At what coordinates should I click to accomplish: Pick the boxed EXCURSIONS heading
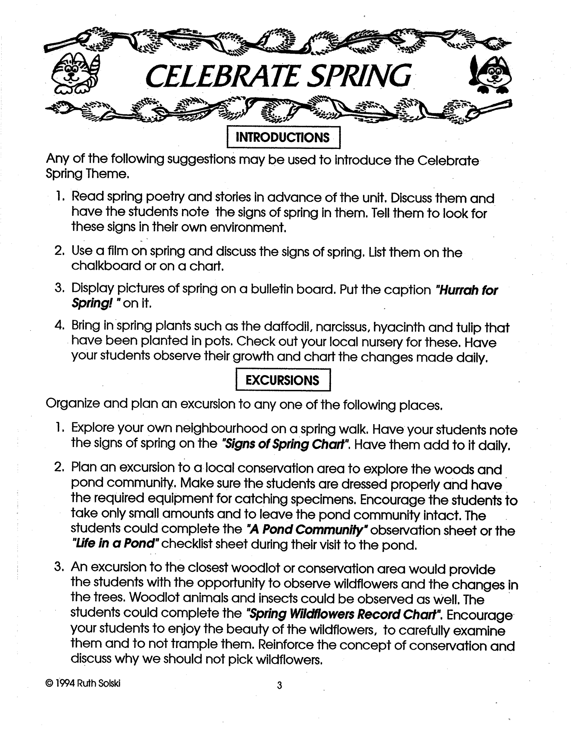[x=282, y=380]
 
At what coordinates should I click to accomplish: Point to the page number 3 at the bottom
[x=279, y=685]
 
